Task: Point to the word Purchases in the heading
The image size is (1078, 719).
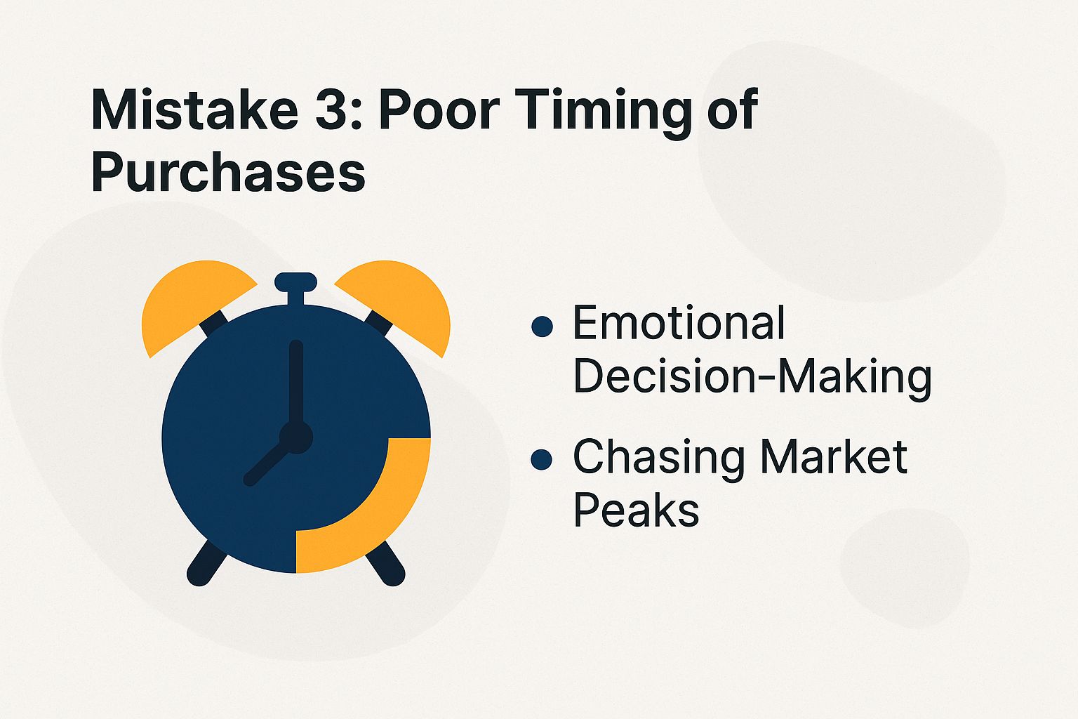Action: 228,173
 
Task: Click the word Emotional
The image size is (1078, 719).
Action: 679,324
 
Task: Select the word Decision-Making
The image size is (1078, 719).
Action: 752,377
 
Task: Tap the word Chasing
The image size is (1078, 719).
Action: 660,458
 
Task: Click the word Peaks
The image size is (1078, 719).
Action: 636,510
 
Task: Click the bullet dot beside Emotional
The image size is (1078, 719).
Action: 542,326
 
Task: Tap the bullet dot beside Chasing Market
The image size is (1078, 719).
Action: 542,460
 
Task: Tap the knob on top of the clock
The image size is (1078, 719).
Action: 295,283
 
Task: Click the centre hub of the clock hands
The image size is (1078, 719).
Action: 295,437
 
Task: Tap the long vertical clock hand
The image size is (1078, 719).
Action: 295,383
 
